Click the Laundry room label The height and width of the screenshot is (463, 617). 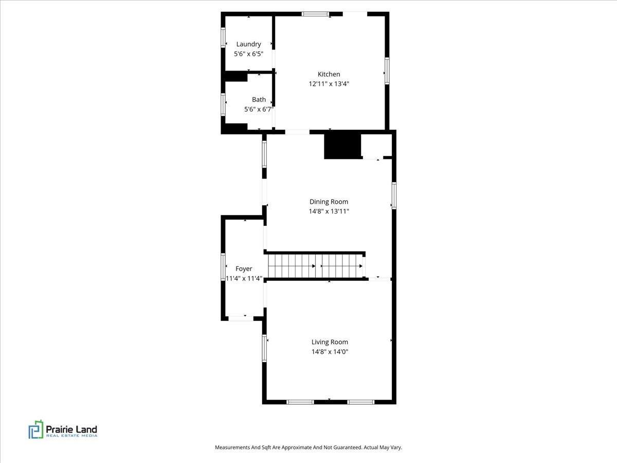pos(248,44)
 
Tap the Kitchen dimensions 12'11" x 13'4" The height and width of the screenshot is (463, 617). pos(329,83)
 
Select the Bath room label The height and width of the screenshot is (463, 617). pos(259,99)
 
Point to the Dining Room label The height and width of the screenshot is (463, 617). pos(329,202)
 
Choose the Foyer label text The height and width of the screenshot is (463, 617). pos(244,269)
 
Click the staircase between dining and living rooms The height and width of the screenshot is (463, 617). pos(316,266)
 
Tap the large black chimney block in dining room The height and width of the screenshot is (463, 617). pos(342,146)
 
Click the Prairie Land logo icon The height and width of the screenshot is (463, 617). pos(36,430)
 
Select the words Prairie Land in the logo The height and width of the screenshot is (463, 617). pos(71,429)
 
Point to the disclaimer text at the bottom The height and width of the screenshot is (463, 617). pos(308,448)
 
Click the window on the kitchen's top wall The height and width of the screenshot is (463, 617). pos(315,14)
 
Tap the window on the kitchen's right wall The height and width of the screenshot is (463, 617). pos(387,70)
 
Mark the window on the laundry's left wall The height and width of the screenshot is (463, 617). pos(223,38)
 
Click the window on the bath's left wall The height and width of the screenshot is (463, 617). pos(223,104)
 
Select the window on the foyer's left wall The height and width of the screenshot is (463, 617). pos(223,267)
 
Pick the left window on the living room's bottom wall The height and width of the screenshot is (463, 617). pos(300,402)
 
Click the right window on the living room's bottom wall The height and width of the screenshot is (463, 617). pos(360,402)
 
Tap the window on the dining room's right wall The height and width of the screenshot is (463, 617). pos(394,195)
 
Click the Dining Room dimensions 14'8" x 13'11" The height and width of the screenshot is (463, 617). pos(329,211)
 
